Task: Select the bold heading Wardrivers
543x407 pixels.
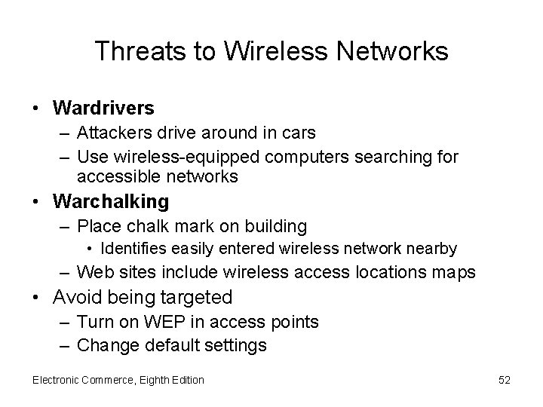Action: click(x=103, y=109)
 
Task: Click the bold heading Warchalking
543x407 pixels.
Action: click(x=112, y=202)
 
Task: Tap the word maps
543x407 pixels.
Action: click(x=456, y=271)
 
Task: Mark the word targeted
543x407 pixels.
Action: click(x=195, y=297)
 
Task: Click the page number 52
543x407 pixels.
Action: click(x=505, y=380)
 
